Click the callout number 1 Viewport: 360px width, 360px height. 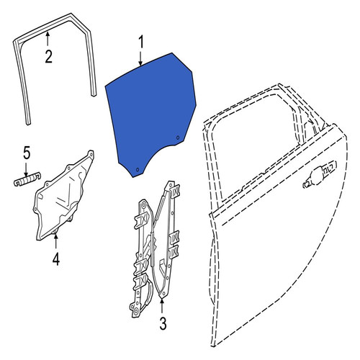(141, 42)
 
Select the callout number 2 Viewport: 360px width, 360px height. (49, 57)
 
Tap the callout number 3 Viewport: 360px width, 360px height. (163, 323)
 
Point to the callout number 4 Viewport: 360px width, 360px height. (56, 259)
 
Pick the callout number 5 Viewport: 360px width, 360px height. (27, 153)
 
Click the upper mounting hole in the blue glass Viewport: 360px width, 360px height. (178, 138)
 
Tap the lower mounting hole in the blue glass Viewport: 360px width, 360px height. (138, 170)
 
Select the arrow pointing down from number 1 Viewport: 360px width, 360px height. (141, 58)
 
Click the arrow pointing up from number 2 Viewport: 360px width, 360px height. (48, 39)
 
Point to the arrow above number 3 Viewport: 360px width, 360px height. (162, 305)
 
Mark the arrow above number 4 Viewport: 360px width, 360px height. (55, 240)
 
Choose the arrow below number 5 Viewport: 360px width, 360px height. (26, 169)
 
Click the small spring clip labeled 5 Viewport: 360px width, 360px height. (27, 179)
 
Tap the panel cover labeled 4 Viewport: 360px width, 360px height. (63, 197)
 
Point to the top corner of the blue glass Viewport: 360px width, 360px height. (172, 53)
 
